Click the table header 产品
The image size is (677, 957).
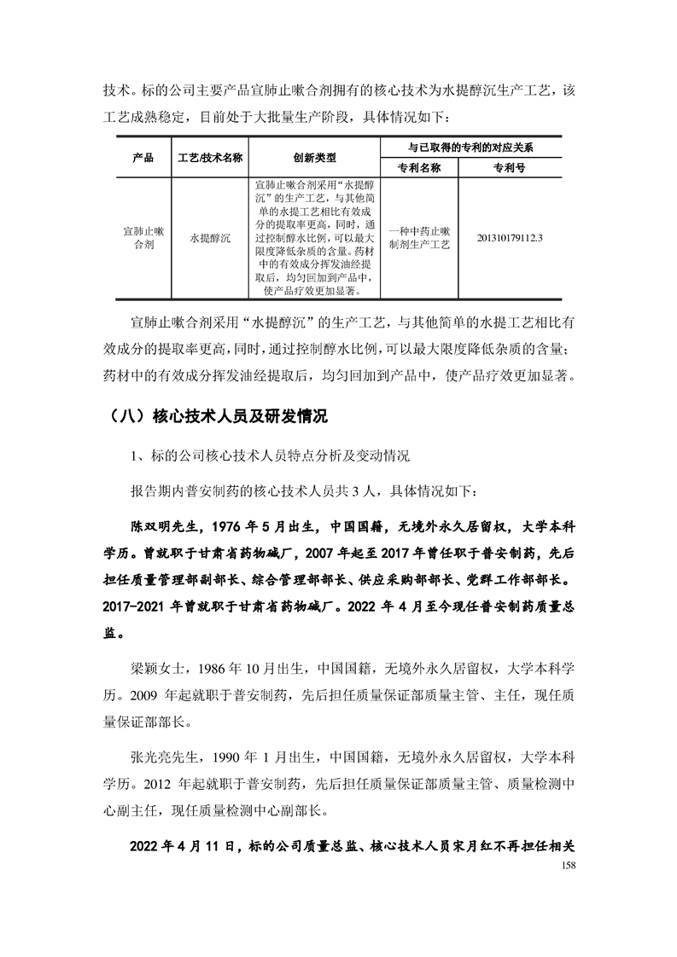point(143,158)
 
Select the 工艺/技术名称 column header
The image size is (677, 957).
point(210,158)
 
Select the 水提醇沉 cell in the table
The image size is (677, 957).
point(210,237)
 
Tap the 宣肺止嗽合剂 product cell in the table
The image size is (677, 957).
point(143,237)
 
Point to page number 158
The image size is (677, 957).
point(559,866)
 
